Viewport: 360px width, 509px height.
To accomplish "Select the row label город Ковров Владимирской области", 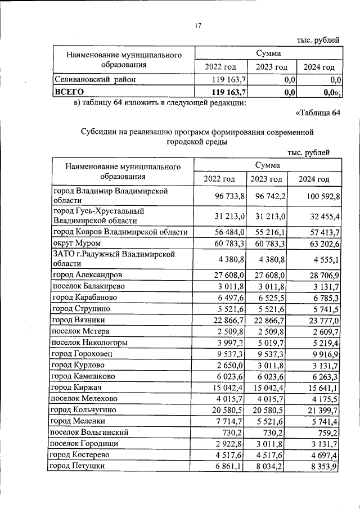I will [119, 232].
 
